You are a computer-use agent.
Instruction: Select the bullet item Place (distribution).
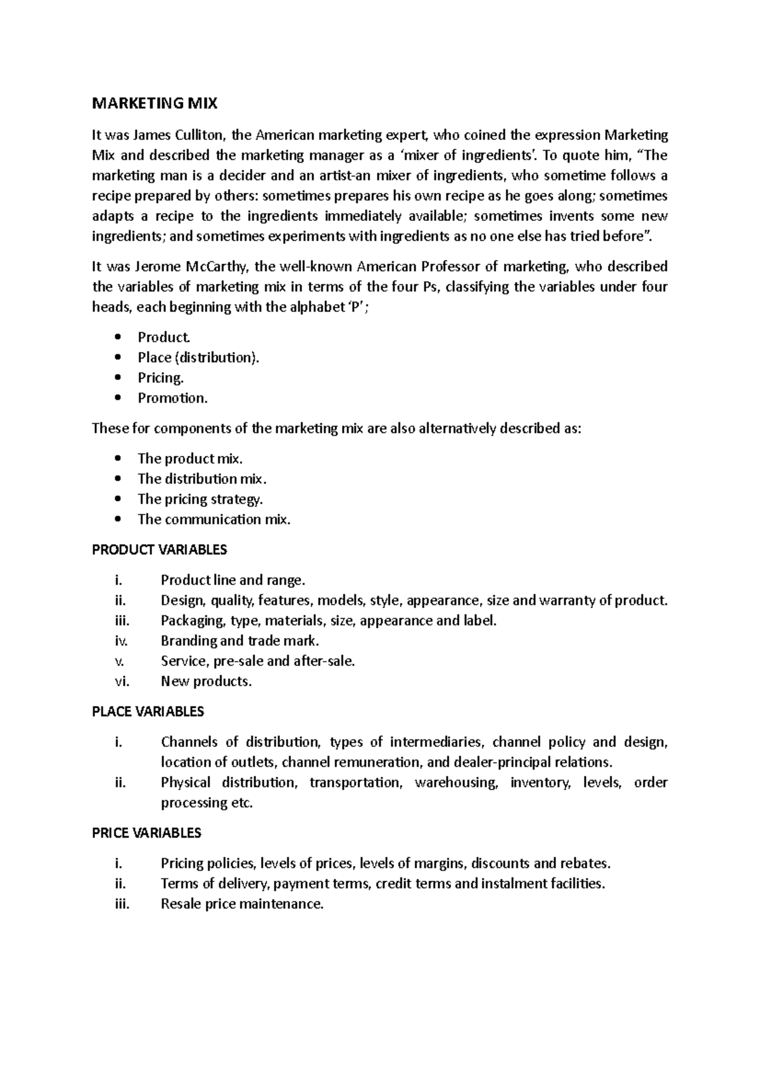[x=198, y=358]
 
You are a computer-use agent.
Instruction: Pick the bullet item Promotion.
[x=172, y=398]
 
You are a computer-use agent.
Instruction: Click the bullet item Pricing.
[x=161, y=378]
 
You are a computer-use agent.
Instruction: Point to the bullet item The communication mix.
[x=214, y=520]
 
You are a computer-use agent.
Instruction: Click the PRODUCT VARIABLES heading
[x=160, y=550]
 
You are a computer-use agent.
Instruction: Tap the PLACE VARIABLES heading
[x=148, y=712]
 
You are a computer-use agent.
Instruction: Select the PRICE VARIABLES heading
[x=147, y=833]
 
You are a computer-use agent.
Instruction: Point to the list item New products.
[x=206, y=682]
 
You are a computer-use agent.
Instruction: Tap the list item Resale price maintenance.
[x=242, y=904]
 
